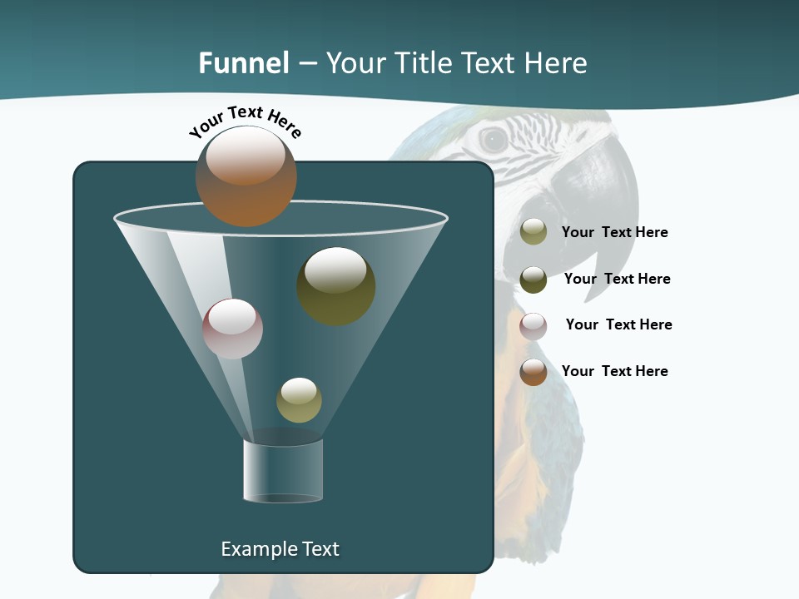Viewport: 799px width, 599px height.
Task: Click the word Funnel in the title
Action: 243,63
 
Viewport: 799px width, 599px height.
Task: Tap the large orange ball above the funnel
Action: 246,176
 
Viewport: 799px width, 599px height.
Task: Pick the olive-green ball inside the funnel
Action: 335,285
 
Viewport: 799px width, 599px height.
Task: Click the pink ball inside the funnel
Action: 232,329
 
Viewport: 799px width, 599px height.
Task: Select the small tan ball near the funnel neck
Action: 299,399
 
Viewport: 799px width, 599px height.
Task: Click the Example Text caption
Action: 280,549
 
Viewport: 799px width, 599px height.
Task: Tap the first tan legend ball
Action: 533,231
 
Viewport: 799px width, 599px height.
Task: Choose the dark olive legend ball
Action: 533,279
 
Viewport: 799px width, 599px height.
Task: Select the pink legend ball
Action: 533,325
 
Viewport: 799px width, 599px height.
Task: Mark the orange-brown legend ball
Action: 533,372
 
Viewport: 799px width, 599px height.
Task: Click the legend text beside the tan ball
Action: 614,232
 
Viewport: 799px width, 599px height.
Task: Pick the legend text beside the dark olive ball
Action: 617,279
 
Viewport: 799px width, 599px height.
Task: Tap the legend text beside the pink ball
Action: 618,324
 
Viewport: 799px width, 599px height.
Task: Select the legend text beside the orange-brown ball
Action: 614,371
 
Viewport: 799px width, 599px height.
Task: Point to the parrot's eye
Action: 493,139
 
